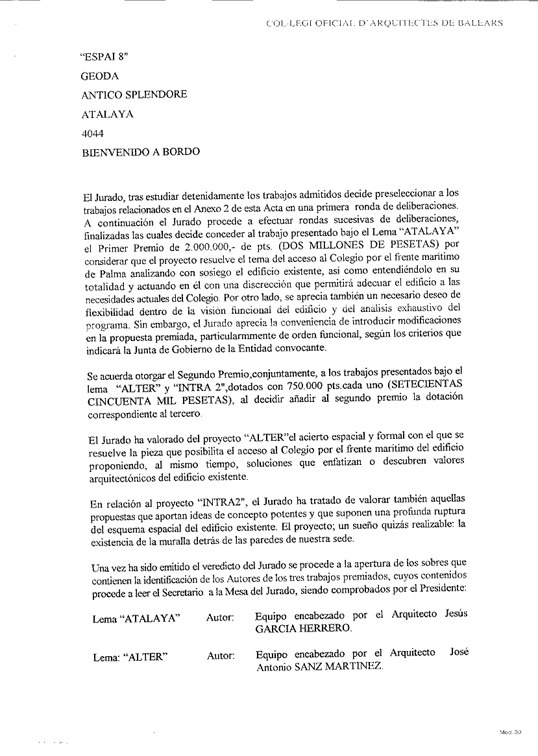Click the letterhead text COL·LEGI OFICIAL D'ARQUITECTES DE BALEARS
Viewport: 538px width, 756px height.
coord(385,23)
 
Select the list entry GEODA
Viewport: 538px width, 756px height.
coord(99,76)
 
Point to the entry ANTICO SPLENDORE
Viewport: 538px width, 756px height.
coord(134,95)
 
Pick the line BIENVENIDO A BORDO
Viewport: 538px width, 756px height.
coord(140,152)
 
